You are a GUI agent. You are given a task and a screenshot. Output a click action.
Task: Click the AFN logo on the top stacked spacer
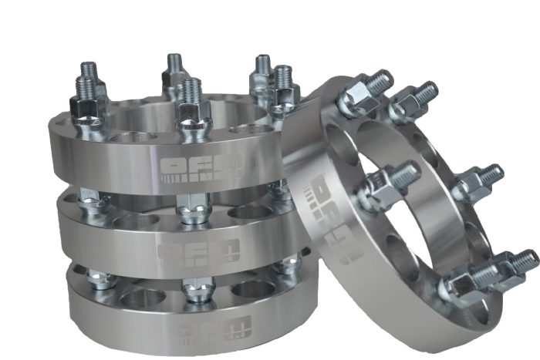[204, 168]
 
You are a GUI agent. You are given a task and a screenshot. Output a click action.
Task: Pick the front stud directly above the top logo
[193, 108]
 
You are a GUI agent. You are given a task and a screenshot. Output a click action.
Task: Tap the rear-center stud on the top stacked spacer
[175, 73]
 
